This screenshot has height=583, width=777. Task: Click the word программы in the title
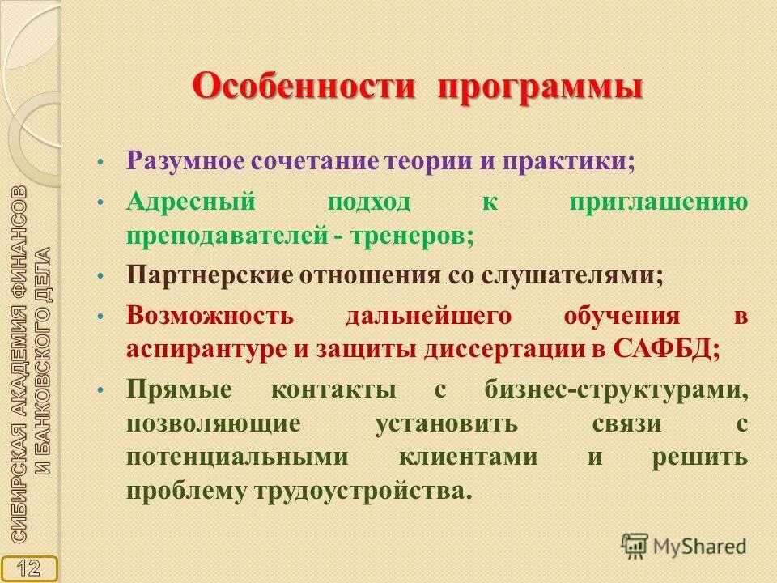541,87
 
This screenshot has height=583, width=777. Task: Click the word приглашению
658,202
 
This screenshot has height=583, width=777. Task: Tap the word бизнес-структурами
616,389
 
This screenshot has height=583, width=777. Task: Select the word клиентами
467,456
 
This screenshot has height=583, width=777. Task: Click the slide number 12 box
29,567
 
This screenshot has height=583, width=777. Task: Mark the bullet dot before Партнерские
100,276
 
